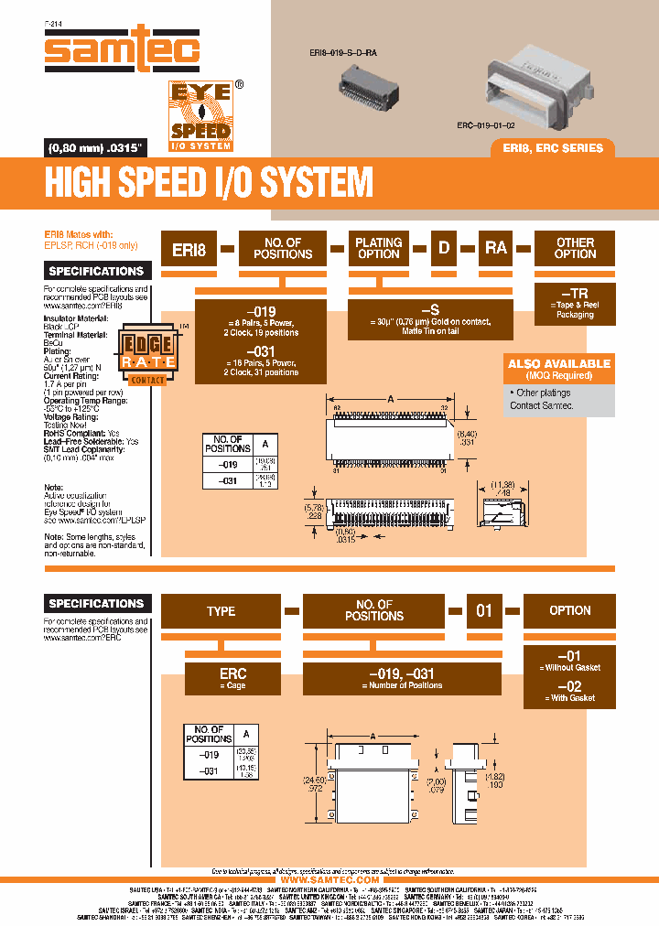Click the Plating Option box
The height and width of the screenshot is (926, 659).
pos(379,248)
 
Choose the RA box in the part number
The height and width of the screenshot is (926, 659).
pos(495,248)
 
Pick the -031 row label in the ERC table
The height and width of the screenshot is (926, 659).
pos(208,771)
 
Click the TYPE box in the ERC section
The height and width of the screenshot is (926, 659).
pos(221,610)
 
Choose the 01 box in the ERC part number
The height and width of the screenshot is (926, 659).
pos(483,610)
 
